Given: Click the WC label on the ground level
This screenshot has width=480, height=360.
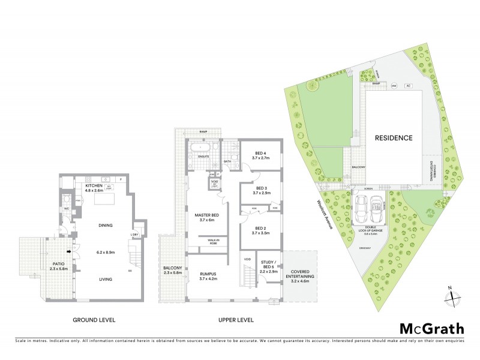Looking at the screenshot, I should pyautogui.click(x=67, y=209).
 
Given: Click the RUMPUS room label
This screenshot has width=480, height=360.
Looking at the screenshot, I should pyautogui.click(x=208, y=275).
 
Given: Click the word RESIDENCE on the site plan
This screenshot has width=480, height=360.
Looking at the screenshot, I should pyautogui.click(x=394, y=138).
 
